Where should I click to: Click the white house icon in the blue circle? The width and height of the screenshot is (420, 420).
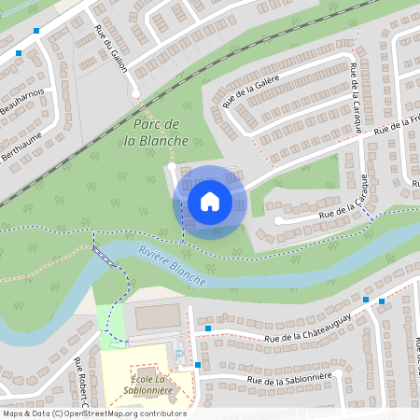pos(210,201)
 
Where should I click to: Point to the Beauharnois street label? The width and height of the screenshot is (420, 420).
pos(30,105)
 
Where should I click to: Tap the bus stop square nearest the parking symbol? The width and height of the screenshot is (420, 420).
pos(197,364)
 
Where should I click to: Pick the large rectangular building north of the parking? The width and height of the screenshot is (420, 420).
pos(156,317)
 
